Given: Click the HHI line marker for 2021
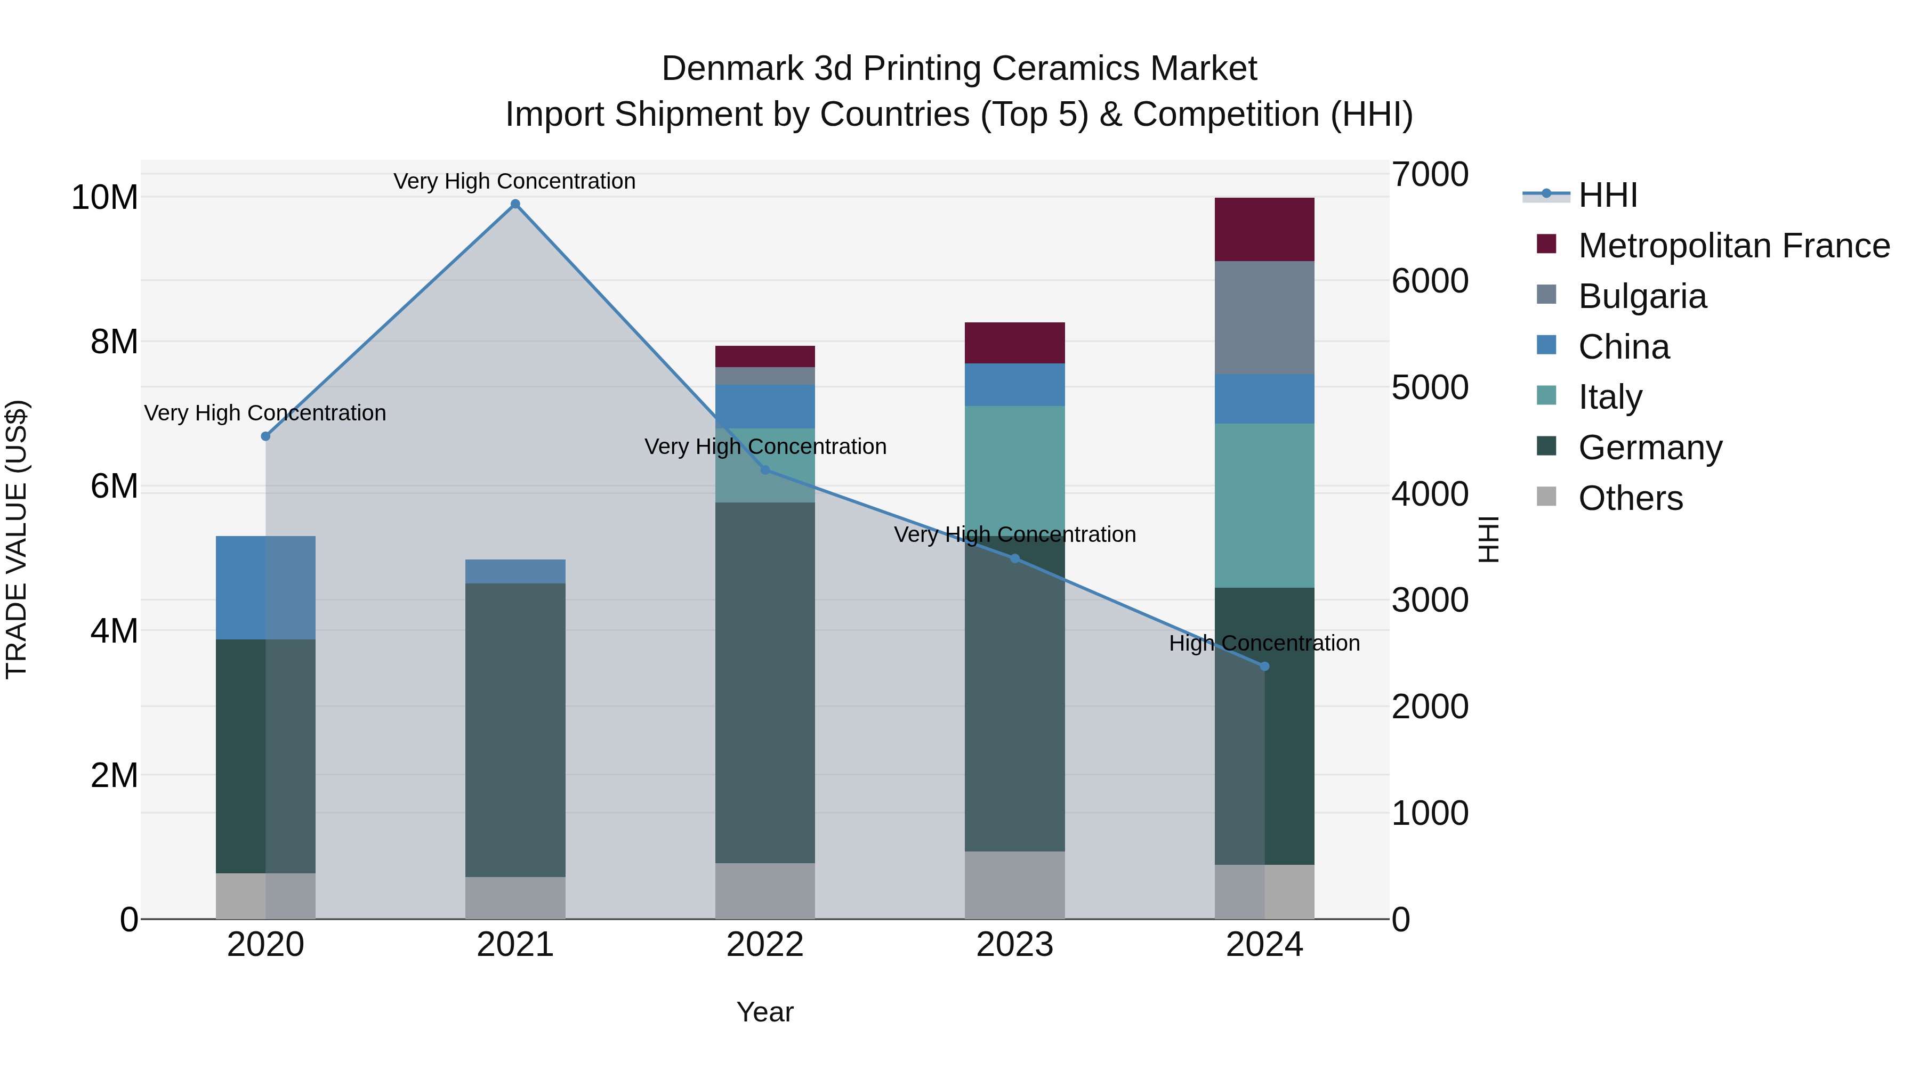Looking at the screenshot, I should (515, 204).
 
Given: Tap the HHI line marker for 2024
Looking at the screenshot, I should (1264, 667).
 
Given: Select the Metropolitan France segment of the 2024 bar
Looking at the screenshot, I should (1264, 229).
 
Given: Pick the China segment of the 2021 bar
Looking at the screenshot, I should (515, 571).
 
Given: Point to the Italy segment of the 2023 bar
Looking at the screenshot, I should (1014, 469).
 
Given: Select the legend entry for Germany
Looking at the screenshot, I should (1649, 448).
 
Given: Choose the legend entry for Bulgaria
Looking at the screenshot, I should (1641, 296).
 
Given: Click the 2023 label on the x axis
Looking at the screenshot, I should (1014, 945).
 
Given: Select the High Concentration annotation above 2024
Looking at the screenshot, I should (1264, 643).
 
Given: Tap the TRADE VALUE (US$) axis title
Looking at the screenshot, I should (17, 539).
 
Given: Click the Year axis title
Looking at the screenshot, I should (765, 1012).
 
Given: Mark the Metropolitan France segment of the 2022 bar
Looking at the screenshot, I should (765, 356).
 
